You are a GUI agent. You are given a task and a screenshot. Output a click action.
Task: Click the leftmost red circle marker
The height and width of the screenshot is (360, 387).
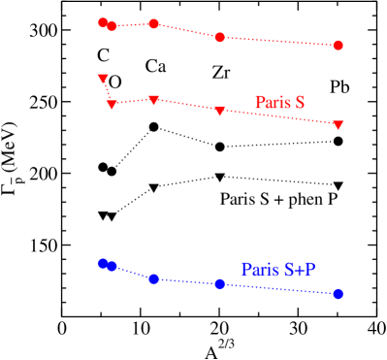click(x=103, y=22)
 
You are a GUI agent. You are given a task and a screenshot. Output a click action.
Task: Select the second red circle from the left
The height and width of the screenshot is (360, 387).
click(x=113, y=27)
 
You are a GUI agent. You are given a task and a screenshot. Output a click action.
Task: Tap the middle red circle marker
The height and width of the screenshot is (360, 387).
click(x=153, y=23)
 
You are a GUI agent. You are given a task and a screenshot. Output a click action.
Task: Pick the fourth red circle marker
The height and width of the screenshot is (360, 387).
click(x=220, y=37)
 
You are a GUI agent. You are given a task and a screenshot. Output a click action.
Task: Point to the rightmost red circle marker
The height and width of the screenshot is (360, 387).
click(x=338, y=46)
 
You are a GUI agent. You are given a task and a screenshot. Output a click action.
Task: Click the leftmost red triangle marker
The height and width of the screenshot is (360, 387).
click(x=103, y=79)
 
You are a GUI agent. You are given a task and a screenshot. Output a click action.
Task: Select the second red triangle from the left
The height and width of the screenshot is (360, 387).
click(x=113, y=104)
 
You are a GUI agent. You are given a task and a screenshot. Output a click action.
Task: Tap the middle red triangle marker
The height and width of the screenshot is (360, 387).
click(x=153, y=100)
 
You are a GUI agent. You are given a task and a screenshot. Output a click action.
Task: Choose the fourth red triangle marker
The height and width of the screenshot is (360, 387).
click(x=220, y=112)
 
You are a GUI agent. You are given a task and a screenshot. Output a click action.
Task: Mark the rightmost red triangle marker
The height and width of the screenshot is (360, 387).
click(x=338, y=124)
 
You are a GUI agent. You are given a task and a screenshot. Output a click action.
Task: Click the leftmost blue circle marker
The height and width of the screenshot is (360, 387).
click(x=103, y=263)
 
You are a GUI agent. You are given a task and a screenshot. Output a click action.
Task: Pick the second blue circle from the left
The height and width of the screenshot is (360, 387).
click(x=113, y=266)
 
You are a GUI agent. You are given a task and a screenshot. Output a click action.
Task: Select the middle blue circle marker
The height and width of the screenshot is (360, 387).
click(x=153, y=278)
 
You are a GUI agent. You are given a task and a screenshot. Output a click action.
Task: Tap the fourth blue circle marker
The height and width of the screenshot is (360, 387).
click(x=220, y=283)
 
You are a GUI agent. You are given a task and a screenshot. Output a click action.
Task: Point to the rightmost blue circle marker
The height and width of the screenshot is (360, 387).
click(x=338, y=293)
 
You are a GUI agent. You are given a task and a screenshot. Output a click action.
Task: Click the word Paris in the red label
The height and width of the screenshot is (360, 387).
click(x=273, y=102)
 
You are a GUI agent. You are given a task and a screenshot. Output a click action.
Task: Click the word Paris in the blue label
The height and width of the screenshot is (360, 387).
click(x=259, y=270)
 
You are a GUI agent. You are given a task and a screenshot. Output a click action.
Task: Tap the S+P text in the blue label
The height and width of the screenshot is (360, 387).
click(x=300, y=270)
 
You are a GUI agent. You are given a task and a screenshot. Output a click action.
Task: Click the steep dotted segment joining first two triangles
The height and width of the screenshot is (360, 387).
click(x=108, y=91)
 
